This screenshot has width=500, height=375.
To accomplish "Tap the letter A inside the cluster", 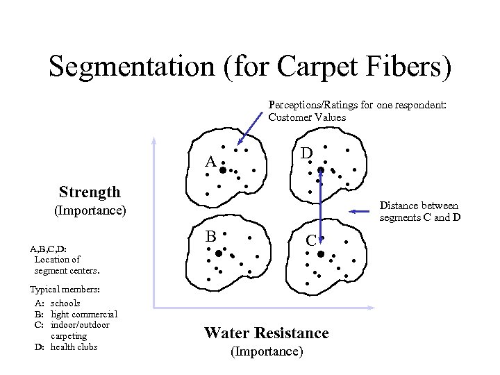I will point(210,162).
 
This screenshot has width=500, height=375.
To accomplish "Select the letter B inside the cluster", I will point(210,236).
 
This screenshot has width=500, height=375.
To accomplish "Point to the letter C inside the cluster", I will point(312,240).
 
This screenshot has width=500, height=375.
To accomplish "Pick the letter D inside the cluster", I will point(306,152).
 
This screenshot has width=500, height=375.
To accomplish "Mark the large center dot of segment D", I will point(321,169).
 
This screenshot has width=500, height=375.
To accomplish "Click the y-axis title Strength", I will point(90,192).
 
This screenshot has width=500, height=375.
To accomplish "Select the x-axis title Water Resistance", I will point(267,333).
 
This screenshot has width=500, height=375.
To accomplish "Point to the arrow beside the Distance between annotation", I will point(362,211).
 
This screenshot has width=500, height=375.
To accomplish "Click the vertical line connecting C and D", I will point(321,205).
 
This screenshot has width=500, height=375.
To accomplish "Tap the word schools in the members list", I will point(65,303).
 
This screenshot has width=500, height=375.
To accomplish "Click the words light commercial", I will point(84,314).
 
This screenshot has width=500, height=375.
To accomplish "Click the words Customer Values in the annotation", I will point(307,117).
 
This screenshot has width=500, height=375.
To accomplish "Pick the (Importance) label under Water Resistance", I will point(267,351).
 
